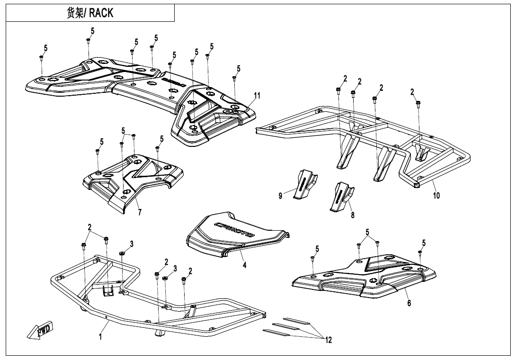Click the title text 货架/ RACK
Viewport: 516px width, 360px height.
pos(90,13)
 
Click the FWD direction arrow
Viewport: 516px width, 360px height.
pos(41,330)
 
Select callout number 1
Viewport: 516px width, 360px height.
pos(100,336)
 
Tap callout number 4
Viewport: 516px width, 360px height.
pos(244,266)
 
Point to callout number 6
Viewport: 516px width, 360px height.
pos(409,303)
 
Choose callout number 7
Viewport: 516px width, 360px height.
pos(140,213)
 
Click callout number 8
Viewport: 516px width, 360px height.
pos(353,215)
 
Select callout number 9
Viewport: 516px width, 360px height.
pos(281,196)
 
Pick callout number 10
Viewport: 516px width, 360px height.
pos(436,196)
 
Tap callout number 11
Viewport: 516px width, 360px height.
pos(257,96)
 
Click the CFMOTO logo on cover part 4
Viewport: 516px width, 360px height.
pos(235,229)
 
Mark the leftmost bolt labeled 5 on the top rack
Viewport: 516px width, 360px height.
pos(41,57)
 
